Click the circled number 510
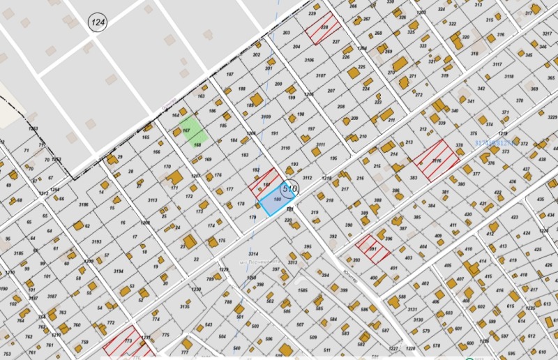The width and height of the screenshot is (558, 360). tap(289, 188)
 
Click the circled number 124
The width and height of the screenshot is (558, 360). tap(98, 23)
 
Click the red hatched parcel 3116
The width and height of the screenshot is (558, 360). tap(437, 160)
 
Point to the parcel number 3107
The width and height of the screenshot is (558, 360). tap(320, 75)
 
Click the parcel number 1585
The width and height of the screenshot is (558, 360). tap(302, 290)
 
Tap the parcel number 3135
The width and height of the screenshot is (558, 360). tap(185, 306)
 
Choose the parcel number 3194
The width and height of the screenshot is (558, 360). tap(119, 271)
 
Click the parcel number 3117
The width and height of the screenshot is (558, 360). tap(497, 64)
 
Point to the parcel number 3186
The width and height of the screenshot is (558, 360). tap(84, 204)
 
